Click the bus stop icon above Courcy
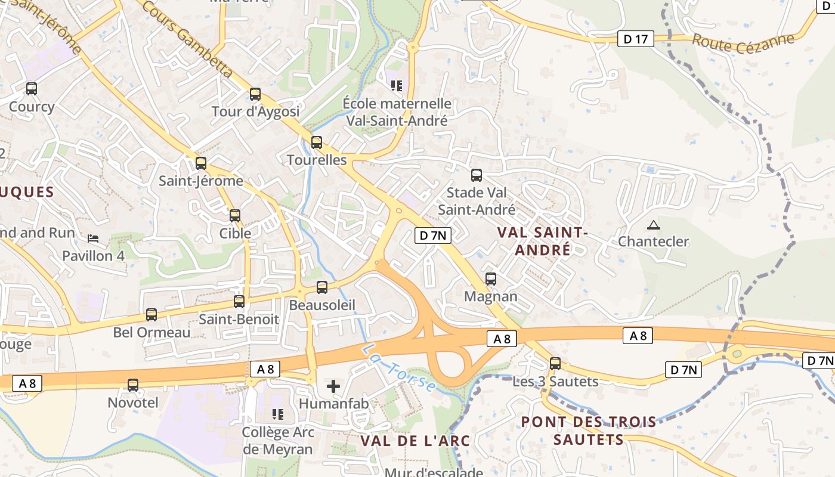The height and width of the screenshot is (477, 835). coord(32,89)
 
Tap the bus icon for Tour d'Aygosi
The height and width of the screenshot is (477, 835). coord(255,94)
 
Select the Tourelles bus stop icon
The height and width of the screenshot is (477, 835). coord(317,143)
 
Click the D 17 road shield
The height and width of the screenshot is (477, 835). coord(635,39)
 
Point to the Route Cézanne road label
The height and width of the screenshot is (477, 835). coord(743,42)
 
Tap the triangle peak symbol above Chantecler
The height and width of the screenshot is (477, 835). coord(654,225)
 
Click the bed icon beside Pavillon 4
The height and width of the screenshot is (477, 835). coord(93,238)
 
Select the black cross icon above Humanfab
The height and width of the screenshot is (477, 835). coord(333,386)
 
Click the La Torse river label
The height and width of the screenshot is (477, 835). coord(400,367)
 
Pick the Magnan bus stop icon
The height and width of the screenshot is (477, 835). coord(491,278)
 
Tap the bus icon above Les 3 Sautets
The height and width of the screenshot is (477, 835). coord(555,363)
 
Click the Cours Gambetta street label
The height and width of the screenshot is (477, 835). coord(187,38)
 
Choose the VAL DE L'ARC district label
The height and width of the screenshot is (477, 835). coord(415,441)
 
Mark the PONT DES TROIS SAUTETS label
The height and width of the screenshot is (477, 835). coord(588,430)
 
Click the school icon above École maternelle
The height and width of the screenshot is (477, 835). coord(397,86)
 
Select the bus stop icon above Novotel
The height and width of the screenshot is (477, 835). coord(133,385)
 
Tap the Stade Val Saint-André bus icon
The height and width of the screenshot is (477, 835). coord(477,175)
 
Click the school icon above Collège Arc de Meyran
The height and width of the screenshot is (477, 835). coord(277,413)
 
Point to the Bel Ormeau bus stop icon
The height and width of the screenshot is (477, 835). coord(151,315)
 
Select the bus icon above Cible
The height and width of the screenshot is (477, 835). coord(235,216)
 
